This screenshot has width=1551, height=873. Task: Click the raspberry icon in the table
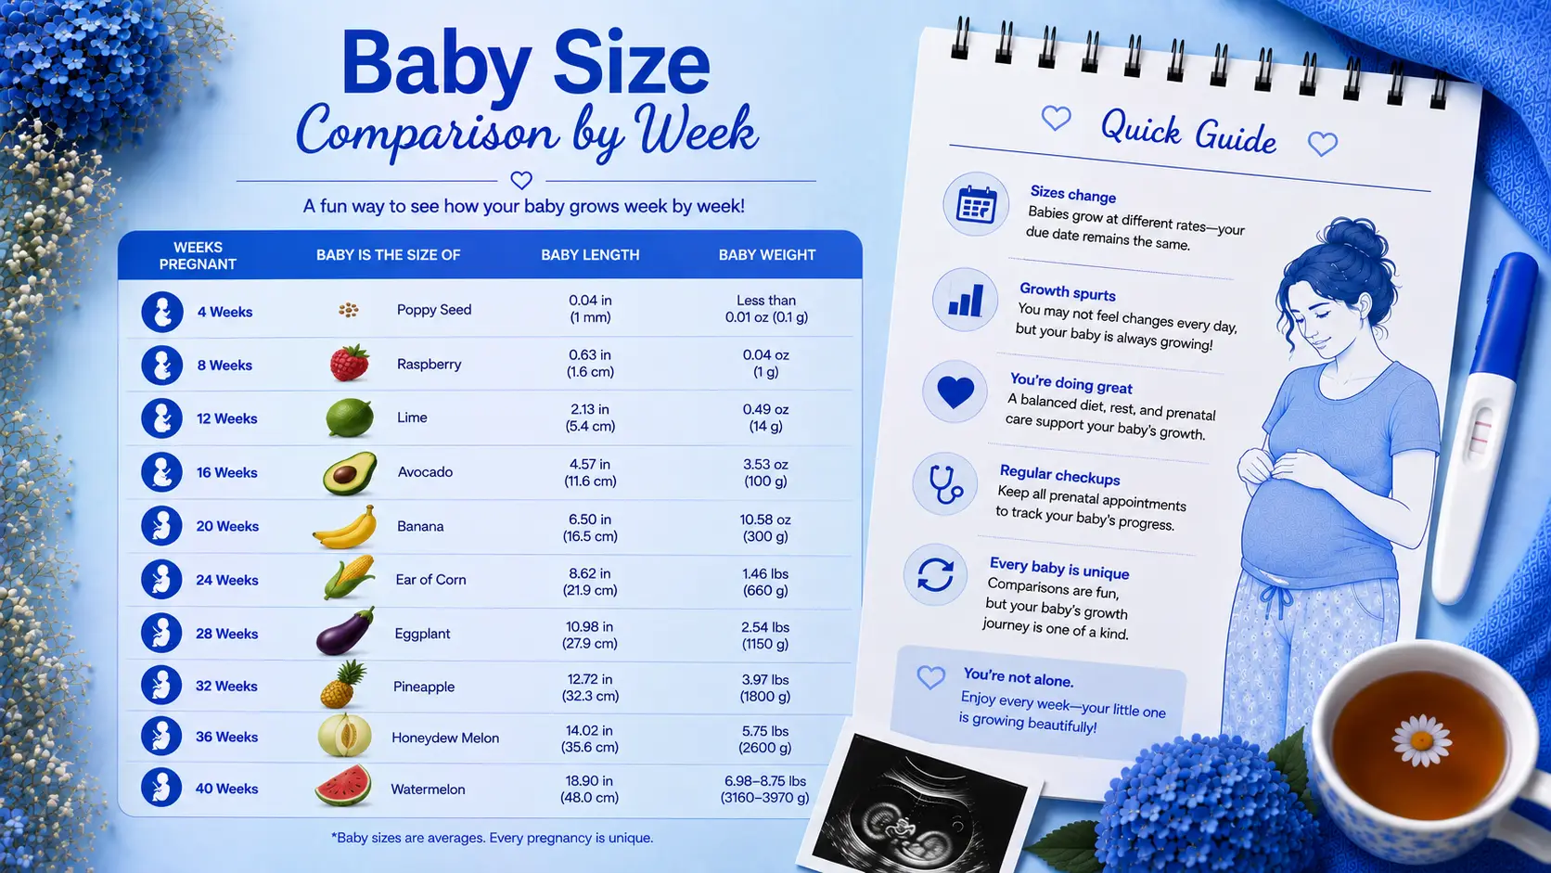349,363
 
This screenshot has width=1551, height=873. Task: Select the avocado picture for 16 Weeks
350,473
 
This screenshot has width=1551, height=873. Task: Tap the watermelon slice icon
343,786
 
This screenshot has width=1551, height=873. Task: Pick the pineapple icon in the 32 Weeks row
342,684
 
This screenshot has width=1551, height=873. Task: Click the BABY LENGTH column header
590,255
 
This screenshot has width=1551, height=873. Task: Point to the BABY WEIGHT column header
766,255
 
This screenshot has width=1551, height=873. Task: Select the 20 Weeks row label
227,526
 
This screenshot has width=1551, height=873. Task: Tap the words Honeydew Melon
445,738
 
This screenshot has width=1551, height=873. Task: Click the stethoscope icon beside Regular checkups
944,484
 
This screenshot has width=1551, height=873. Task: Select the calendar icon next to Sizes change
976,204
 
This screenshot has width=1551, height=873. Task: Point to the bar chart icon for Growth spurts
966,301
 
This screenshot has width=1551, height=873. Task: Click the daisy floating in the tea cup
1421,740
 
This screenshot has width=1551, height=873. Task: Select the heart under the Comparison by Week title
521,180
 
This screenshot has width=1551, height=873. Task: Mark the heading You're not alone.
1018,677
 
